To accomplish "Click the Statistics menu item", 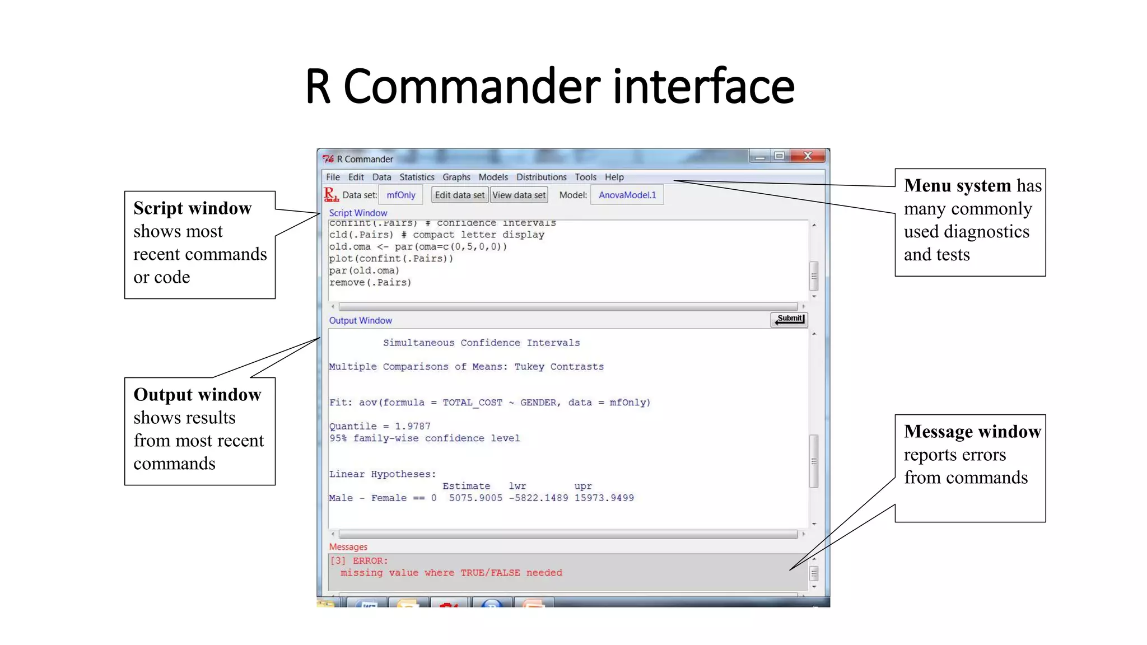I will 417,177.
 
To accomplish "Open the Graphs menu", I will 456,177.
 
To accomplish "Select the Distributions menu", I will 541,177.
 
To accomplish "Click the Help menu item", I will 614,177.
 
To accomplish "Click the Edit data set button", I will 459,195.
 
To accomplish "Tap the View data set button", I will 519,195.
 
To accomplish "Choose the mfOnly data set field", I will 401,195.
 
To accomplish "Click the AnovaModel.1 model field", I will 627,195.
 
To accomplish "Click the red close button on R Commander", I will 808,156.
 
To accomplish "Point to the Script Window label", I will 358,213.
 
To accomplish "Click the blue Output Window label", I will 360,320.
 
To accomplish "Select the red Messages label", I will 348,547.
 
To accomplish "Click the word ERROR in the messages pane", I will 370,560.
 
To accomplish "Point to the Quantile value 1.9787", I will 412,426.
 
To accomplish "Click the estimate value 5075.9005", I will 475,498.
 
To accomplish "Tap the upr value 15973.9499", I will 604,498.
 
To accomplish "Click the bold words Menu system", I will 958,185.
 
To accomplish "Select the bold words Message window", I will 972,431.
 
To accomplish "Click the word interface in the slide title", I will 703,87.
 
